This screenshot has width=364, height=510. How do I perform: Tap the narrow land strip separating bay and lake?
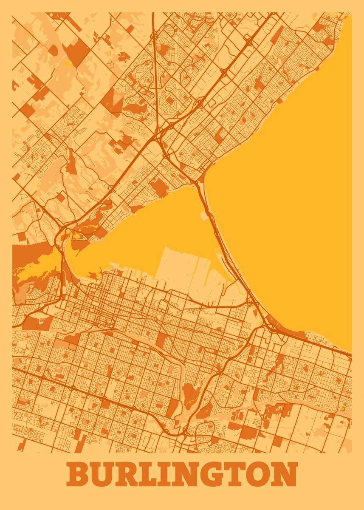tap(221, 238)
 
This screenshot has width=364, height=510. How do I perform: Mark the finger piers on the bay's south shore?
tap(123, 269)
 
